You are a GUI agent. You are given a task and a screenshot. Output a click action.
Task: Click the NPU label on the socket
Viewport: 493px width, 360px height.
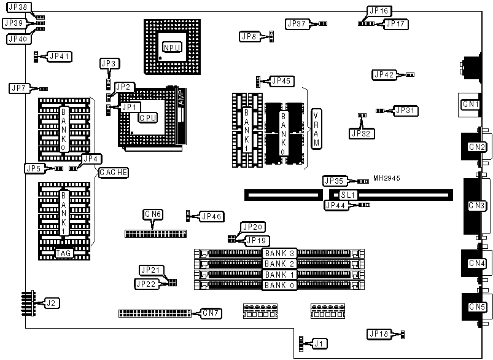(171, 47)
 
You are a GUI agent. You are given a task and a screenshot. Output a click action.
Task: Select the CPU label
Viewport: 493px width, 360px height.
(147, 117)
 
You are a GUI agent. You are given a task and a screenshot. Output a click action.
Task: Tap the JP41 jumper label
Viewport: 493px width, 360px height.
(60, 57)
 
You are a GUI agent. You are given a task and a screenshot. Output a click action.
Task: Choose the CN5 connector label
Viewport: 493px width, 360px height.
(477, 307)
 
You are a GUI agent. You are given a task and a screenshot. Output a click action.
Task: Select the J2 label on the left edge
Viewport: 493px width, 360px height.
(52, 303)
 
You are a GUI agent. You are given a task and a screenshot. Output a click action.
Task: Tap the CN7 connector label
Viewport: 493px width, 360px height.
(212, 313)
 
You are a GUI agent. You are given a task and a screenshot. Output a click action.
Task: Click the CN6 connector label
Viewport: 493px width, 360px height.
(153, 214)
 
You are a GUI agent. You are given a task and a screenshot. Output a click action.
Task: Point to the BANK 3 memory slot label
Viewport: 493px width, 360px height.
(279, 253)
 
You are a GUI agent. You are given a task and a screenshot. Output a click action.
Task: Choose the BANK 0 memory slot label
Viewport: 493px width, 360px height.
(279, 285)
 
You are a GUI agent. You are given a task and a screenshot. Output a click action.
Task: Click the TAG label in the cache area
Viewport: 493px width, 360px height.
(64, 253)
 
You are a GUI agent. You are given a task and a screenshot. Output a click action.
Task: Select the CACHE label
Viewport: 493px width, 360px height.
(114, 173)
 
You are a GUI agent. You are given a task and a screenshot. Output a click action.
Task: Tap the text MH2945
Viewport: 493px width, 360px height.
(387, 178)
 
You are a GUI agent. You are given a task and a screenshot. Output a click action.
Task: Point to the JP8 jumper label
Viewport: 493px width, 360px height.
(249, 37)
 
